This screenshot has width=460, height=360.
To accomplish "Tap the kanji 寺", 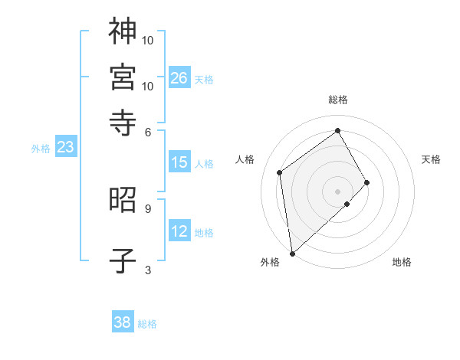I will coord(123,122).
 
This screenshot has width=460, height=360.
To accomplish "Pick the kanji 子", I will coord(123,260).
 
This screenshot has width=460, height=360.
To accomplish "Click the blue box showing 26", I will coord(179,78).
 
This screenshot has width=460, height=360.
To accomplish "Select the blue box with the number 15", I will coord(179,162).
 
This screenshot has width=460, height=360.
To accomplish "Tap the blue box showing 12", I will coord(179,232).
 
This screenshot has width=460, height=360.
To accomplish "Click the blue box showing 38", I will coord(123,322).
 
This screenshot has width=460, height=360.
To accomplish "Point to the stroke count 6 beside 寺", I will coord(148,132).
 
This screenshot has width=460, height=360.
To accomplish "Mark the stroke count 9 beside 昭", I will coord(148,208).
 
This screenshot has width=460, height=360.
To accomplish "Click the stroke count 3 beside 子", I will coord(148,270).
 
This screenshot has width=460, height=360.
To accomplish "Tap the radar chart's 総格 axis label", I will coord(338,100).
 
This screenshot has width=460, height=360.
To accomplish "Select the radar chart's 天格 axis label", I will coord(431,159).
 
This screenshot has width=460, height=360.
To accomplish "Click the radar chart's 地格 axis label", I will coord(402,262).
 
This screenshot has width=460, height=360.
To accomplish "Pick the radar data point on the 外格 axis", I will coord(292,253).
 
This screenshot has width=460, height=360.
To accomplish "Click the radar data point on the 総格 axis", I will coord(338,130).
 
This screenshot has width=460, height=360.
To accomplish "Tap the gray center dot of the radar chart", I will coord(338,191).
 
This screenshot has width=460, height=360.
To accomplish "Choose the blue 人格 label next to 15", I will coord(204,163).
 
